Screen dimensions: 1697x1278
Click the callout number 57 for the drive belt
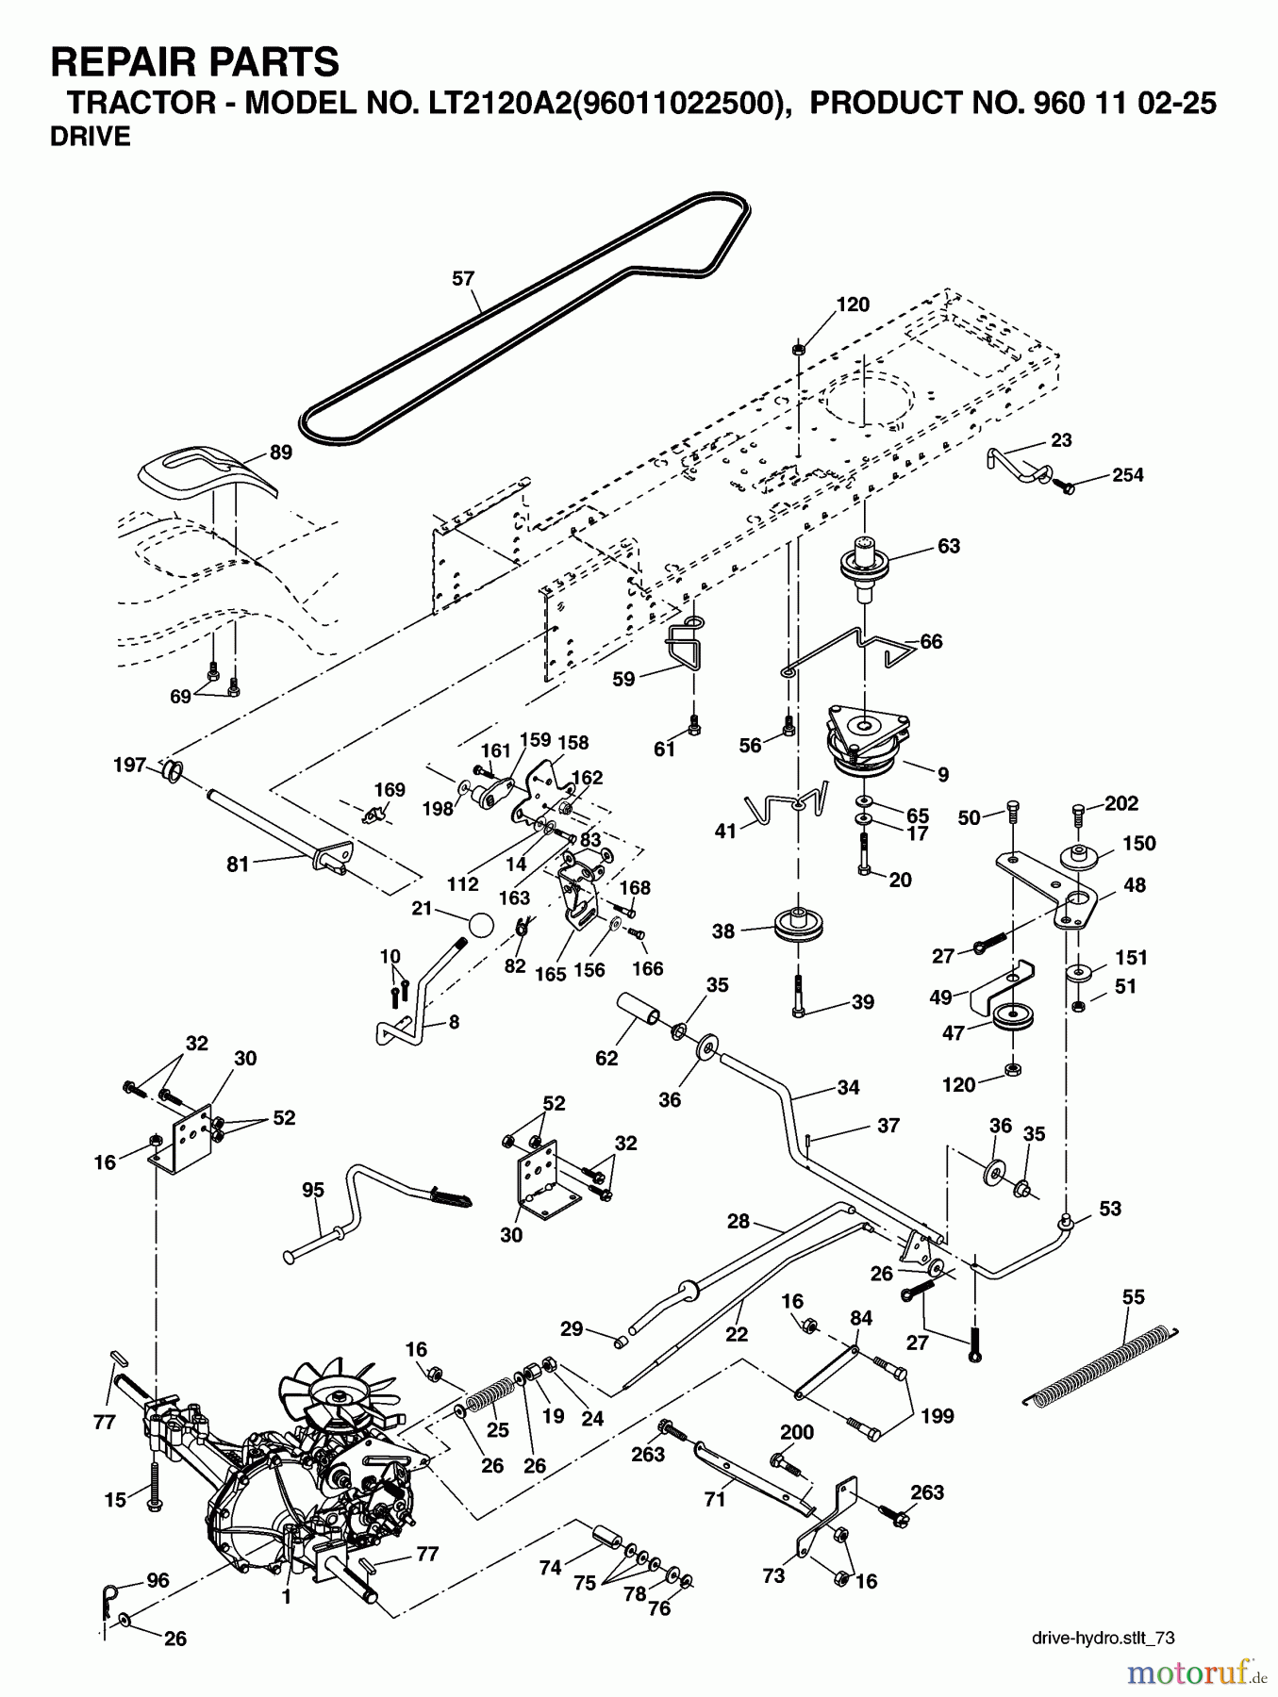coord(463,279)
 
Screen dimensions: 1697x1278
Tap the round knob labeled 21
coord(480,924)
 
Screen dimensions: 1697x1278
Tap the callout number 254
coord(1127,475)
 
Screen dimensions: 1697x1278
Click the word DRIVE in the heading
coord(91,138)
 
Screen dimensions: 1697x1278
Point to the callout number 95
coord(312,1190)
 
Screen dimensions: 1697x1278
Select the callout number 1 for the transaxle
coord(286,1597)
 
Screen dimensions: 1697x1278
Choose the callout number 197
coord(129,765)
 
